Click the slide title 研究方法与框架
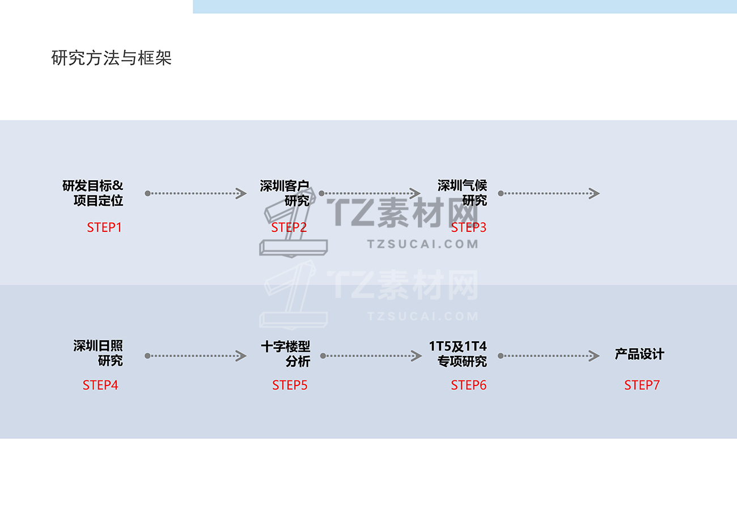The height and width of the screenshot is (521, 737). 111,58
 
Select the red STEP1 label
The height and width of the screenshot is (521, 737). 104,227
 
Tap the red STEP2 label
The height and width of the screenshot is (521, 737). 289,227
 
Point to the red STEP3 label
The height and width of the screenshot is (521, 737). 469,227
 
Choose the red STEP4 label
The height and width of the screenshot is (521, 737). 100,385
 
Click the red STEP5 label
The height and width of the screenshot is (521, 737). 290,385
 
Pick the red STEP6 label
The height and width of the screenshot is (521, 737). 469,385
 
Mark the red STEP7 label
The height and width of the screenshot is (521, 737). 642,385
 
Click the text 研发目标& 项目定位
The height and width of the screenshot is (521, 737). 93,193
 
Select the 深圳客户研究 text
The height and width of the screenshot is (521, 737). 285,193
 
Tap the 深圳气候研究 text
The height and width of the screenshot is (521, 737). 462,193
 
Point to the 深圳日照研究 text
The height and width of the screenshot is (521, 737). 98,353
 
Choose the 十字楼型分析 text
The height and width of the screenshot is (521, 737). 286,353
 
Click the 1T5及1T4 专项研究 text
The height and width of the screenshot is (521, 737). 458,353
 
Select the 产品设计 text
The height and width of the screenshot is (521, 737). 639,354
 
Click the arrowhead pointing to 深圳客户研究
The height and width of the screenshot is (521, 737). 242,193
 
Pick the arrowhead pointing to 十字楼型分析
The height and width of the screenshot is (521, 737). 242,356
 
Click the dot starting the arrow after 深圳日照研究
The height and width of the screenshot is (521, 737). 147,356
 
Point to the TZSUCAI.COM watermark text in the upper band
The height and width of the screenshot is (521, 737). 423,244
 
